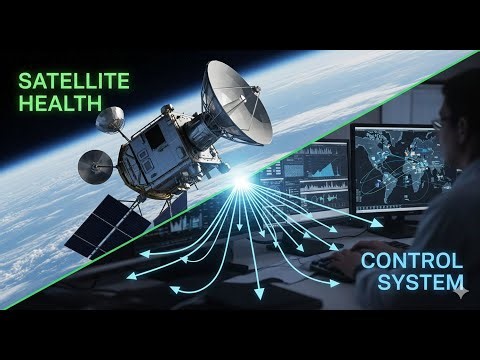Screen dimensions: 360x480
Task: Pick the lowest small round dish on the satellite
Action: click(x=96, y=165)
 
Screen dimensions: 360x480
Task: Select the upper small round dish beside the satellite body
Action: click(x=110, y=120)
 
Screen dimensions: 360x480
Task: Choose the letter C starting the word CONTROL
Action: click(x=368, y=263)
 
